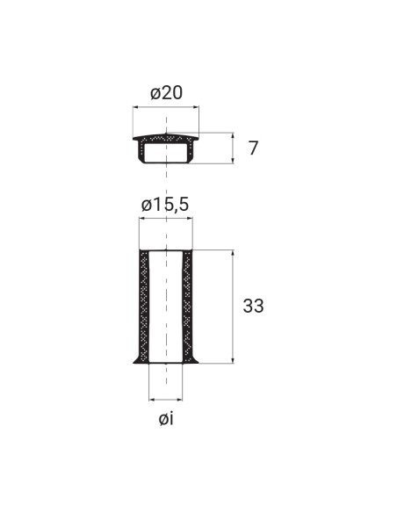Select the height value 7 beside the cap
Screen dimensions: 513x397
click(x=253, y=148)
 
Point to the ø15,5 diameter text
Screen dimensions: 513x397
click(x=165, y=205)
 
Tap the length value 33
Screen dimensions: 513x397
click(x=254, y=307)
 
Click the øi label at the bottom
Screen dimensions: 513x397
click(x=166, y=419)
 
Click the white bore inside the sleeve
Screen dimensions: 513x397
click(x=166, y=307)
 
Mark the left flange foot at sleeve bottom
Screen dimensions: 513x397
click(x=137, y=359)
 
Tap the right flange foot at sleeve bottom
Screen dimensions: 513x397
click(x=195, y=359)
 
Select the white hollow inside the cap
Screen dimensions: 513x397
click(x=165, y=153)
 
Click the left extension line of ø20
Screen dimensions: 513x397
click(x=133, y=119)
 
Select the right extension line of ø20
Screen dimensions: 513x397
click(x=199, y=119)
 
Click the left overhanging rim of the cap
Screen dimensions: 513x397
click(x=136, y=138)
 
